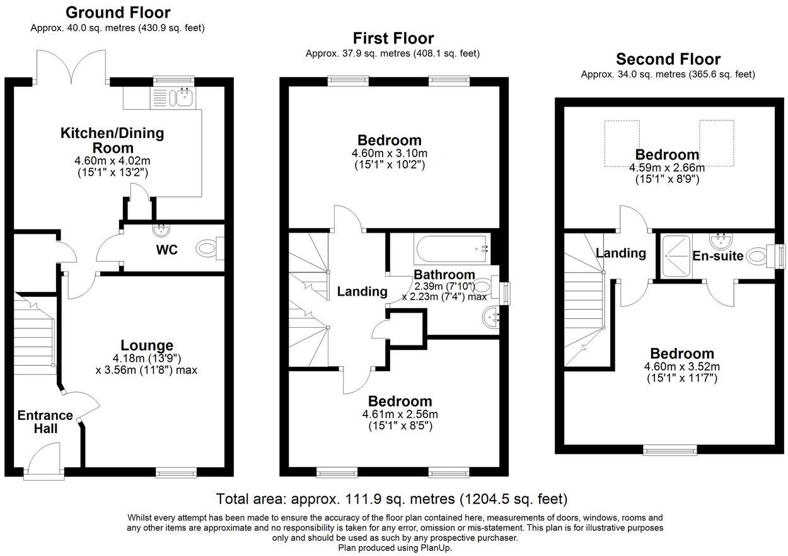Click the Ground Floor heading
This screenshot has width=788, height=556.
point(118,13)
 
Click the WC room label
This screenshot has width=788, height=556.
point(167,250)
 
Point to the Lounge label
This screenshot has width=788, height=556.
point(147,345)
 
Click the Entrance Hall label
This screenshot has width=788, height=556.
point(45,422)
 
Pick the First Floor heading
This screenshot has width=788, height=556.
point(393,38)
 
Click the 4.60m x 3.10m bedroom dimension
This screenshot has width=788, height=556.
point(390,153)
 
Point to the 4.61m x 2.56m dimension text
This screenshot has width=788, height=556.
point(400,414)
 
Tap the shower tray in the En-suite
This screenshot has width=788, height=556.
point(676,257)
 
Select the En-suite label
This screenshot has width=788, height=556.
point(718,256)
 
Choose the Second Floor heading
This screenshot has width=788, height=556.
point(668,59)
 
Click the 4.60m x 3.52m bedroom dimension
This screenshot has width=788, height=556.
point(681,366)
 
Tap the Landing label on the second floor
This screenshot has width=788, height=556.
point(621,253)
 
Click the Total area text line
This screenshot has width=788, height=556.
point(391,499)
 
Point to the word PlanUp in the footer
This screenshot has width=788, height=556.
point(435,548)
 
